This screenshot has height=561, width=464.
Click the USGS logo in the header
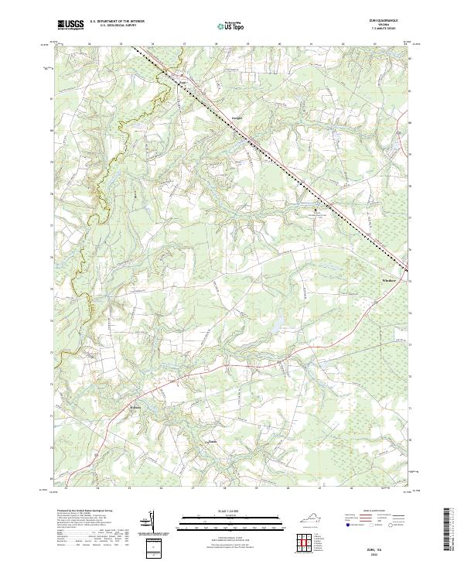pyautogui.click(x=70, y=26)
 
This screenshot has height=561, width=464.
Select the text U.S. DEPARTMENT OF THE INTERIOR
pyautogui.click(x=118, y=22)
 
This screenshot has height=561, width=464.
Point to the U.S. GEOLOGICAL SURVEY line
pyautogui.click(x=118, y=26)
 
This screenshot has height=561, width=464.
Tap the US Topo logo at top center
pyautogui.click(x=230, y=26)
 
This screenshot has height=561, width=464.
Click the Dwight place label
pyautogui.click(x=238, y=118)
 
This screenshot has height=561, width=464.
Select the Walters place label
pyautogui.click(x=135, y=405)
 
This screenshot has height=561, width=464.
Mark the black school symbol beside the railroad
pyautogui.click(x=315, y=210)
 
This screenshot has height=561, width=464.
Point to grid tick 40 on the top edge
pyautogui.click(x=278, y=45)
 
